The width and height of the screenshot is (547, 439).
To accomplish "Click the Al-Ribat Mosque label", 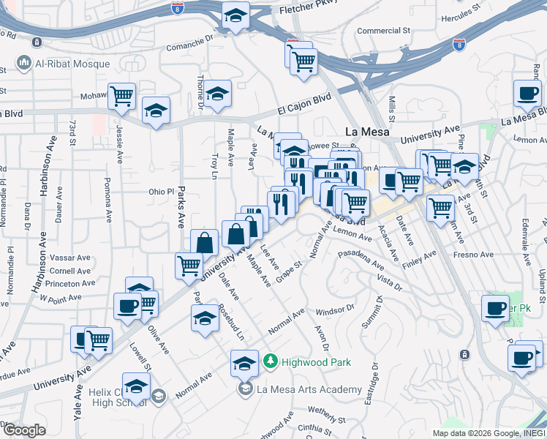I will click(x=72, y=64).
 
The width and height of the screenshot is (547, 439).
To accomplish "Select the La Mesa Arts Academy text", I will click(x=309, y=389).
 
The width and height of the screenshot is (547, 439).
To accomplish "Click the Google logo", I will click(x=23, y=429).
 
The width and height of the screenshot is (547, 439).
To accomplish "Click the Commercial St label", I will click(x=383, y=31).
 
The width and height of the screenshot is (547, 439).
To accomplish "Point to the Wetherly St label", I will click(x=325, y=411).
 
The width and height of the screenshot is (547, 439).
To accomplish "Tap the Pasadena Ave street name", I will click(x=361, y=259).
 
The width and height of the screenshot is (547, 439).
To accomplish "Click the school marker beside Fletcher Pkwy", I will click(x=235, y=14).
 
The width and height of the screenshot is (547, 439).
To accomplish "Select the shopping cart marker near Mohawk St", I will click(x=122, y=95).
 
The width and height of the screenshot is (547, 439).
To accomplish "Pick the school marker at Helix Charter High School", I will click(x=136, y=385).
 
